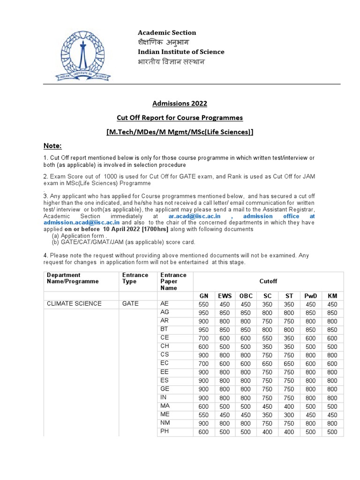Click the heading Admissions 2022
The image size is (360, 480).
180,103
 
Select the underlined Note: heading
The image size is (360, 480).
52,146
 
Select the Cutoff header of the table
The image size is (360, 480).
268,281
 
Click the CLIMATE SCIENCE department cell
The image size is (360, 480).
74,304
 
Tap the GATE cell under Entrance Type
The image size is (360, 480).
130,304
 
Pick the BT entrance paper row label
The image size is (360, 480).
164,330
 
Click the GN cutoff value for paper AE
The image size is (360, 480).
203,304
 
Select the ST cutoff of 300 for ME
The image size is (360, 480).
289,415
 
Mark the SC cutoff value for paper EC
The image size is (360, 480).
267,364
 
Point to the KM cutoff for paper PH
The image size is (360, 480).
332,432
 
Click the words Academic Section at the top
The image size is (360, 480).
166,32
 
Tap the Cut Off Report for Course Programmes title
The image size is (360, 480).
180,117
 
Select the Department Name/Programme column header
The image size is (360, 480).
73,278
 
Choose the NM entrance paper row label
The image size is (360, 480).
165,423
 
